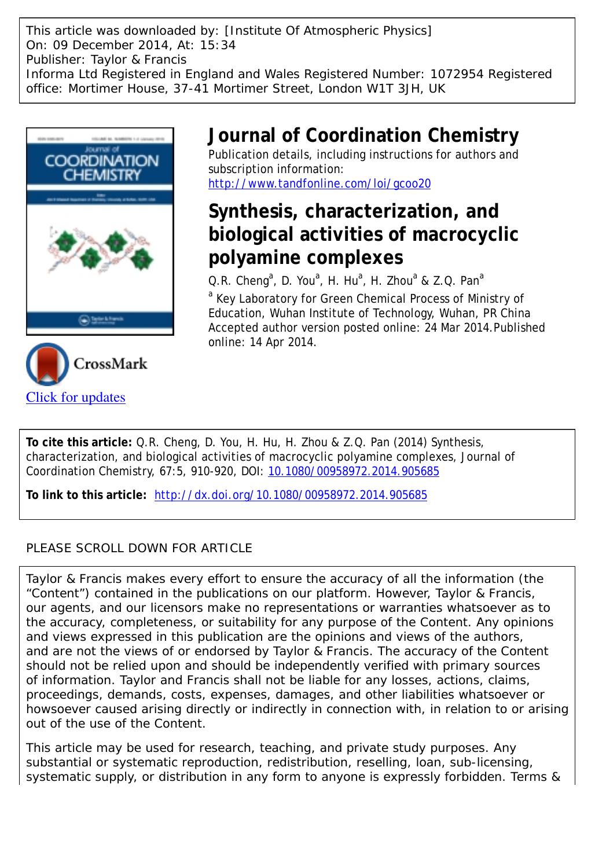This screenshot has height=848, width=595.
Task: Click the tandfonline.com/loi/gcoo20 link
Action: pyautogui.click(x=319, y=184)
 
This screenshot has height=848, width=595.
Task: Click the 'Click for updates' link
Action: pyautogui.click(x=76, y=397)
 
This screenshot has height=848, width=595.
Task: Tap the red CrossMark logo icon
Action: pyautogui.click(x=47, y=364)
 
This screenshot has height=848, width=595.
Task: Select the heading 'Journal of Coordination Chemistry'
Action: pyautogui.click(x=363, y=135)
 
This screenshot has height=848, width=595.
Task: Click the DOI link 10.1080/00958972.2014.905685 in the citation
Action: pyautogui.click(x=354, y=472)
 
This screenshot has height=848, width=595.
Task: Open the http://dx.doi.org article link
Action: pyautogui.click(x=291, y=495)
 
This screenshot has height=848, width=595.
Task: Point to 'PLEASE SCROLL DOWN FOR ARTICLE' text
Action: pyautogui.click(x=139, y=548)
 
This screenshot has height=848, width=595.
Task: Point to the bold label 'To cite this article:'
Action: pyautogui.click(x=79, y=443)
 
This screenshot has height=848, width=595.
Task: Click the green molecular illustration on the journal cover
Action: pyautogui.click(x=100, y=249)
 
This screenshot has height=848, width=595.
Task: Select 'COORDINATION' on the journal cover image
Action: pyautogui.click(x=101, y=160)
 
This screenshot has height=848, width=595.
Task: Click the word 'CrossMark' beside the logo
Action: pyautogui.click(x=110, y=364)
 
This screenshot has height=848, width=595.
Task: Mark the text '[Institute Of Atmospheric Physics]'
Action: pyautogui.click(x=328, y=31)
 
